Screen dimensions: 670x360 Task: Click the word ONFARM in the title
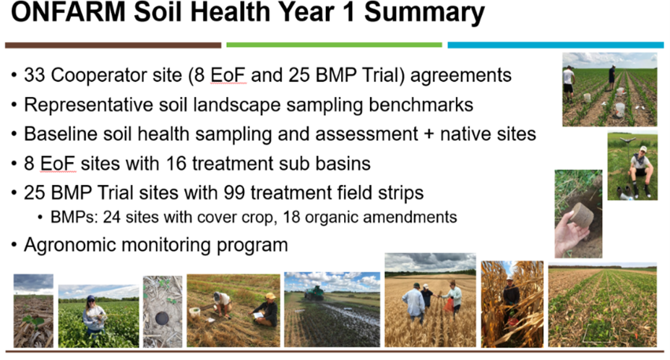[x=68, y=12]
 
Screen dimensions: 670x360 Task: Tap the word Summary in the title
[x=424, y=13]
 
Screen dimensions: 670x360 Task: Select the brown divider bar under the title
[x=113, y=45]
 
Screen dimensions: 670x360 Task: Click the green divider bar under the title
[x=334, y=45]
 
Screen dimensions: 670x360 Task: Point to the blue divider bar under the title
[x=556, y=45]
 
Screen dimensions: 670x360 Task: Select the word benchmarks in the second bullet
[x=421, y=105]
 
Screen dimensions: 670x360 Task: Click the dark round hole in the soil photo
[x=162, y=318]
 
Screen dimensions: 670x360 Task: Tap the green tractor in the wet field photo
[x=314, y=293]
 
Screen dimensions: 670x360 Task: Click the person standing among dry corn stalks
[x=510, y=299]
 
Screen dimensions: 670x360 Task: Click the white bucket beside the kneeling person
[x=195, y=312]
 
